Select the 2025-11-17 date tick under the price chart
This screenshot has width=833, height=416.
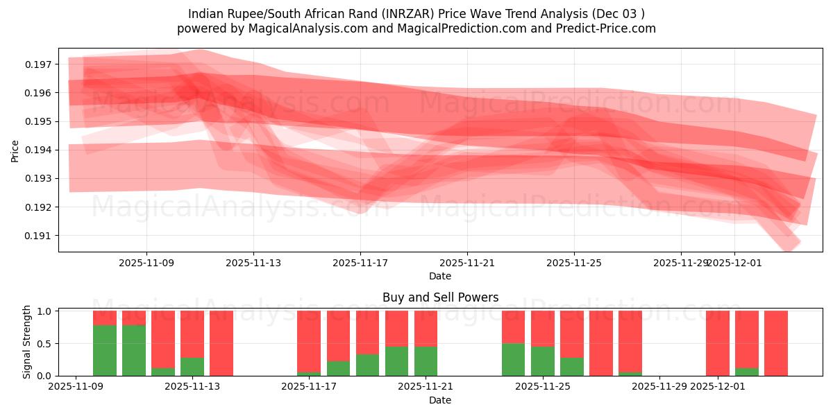pyautogui.click(x=360, y=263)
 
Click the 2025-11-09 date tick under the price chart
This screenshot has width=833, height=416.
pyautogui.click(x=146, y=263)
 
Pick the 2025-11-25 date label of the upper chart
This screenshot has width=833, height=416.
pyautogui.click(x=574, y=263)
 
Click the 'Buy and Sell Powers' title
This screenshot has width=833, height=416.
pyautogui.click(x=440, y=297)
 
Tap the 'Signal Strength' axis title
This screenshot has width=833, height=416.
pyautogui.click(x=26, y=342)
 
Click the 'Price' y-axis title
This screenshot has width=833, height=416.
pyautogui.click(x=15, y=150)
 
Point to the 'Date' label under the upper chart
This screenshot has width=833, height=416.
pyautogui.click(x=440, y=276)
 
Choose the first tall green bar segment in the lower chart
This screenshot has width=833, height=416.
pyautogui.click(x=105, y=350)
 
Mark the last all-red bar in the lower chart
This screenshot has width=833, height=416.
pyautogui.click(x=776, y=343)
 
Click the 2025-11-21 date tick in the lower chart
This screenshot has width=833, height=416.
pyautogui.click(x=426, y=386)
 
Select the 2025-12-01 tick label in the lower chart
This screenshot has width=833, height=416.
pyautogui.click(x=718, y=386)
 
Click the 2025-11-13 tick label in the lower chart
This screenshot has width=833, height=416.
pyautogui.click(x=192, y=386)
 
